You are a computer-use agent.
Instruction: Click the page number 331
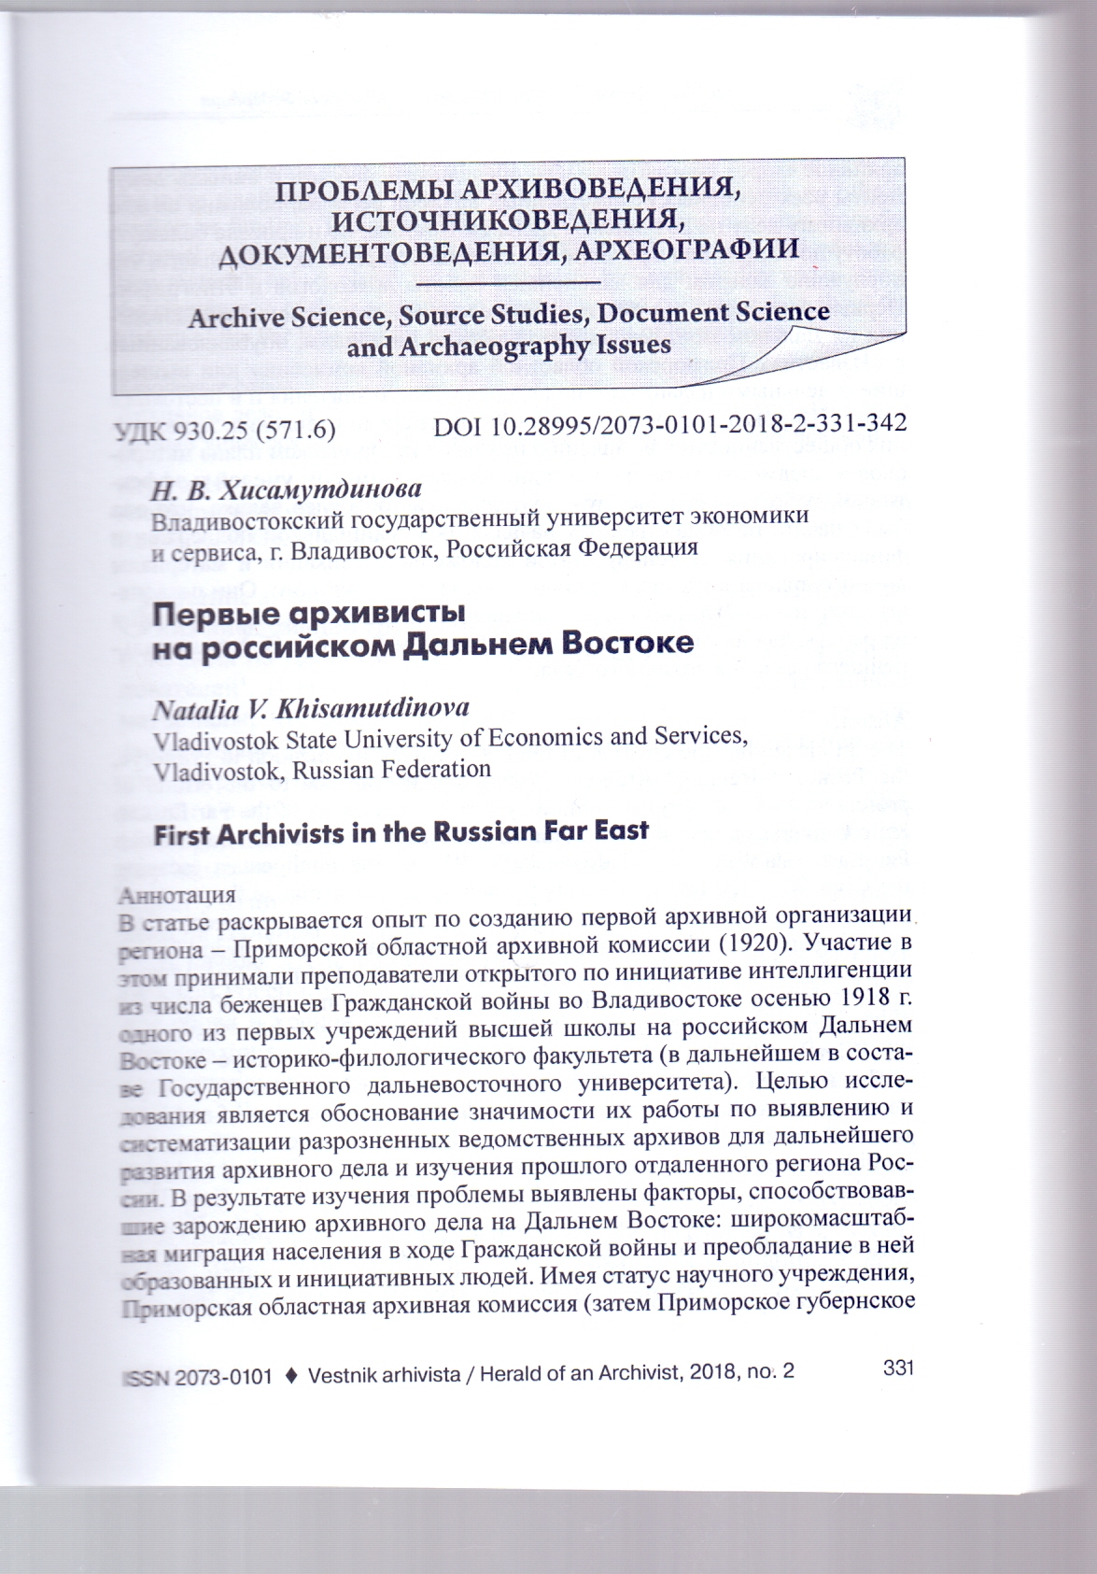(895, 1368)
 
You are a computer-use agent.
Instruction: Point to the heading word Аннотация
(176, 894)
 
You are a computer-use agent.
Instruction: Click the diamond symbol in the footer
(289, 1375)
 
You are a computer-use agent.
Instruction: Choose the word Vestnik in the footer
(343, 1375)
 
